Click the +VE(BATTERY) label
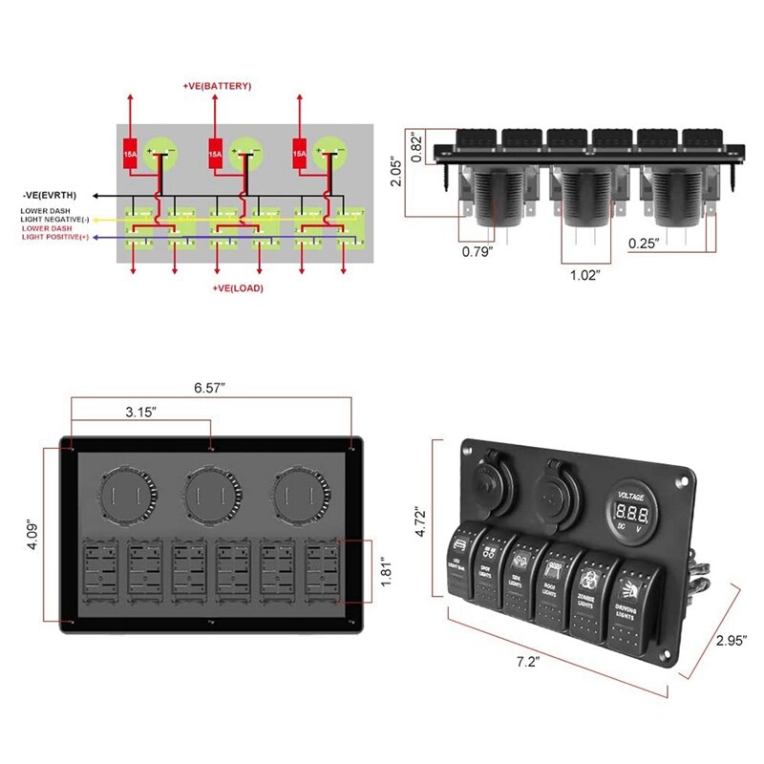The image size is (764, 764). tap(217, 86)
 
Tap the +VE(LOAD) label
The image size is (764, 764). tap(236, 287)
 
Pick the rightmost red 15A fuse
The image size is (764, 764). tap(299, 153)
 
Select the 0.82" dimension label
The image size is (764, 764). tap(415, 149)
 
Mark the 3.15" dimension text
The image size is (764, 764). tap(141, 413)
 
